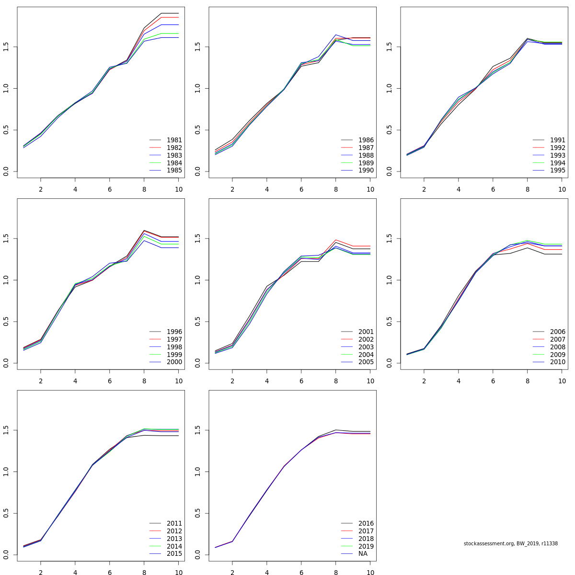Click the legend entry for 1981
click(x=174, y=140)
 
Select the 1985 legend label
click(x=174, y=171)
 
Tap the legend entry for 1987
click(x=366, y=148)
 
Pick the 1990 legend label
click(x=366, y=171)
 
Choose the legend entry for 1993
click(x=557, y=155)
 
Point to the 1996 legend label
click(x=174, y=332)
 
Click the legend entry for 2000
click(x=174, y=362)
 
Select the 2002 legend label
click(x=366, y=339)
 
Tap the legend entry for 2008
click(x=557, y=347)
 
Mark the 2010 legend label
click(x=557, y=362)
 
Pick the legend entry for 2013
click(x=174, y=539)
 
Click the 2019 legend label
click(x=366, y=546)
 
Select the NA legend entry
click(x=363, y=554)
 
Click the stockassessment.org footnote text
click(x=510, y=544)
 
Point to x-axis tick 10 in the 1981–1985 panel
click(x=179, y=189)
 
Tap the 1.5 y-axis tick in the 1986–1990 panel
click(x=197, y=47)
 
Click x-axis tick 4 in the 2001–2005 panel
click(x=267, y=381)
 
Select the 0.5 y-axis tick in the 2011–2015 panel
click(x=6, y=514)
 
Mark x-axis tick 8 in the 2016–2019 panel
click(x=336, y=572)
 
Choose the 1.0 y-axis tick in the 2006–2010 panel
click(x=389, y=280)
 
